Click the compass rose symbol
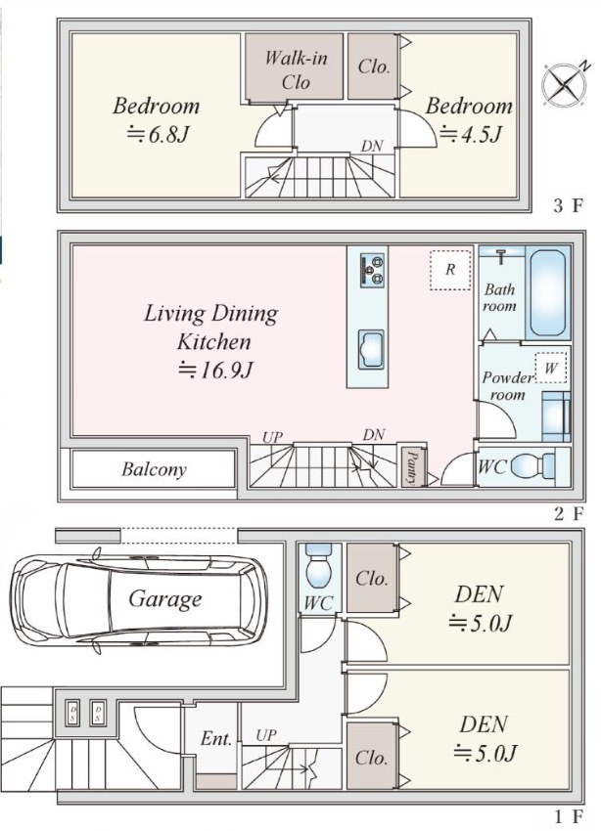[x=564, y=85]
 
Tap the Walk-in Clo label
[x=296, y=69]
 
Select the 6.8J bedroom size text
[x=158, y=135]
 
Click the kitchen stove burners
[x=372, y=270]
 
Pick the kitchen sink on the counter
[x=371, y=347]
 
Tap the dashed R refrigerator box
[x=450, y=270]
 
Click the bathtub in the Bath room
[x=548, y=293]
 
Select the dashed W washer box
[x=551, y=368]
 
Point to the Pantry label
[x=411, y=466]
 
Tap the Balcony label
[x=154, y=469]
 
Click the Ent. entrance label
[x=216, y=738]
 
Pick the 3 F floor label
[x=568, y=205]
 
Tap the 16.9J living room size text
[x=213, y=370]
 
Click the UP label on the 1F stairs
[x=266, y=735]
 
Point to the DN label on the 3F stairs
[x=372, y=147]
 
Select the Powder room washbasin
[x=556, y=417]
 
